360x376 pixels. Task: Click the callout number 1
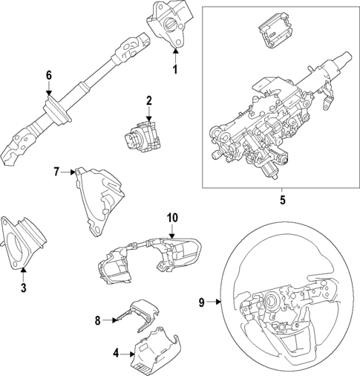175,70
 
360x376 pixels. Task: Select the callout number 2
148,101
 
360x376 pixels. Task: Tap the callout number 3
23,288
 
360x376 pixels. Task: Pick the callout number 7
56,172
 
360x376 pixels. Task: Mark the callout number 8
97,320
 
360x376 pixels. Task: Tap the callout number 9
202,302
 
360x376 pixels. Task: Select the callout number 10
172,218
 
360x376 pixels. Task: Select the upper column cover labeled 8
139,313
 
